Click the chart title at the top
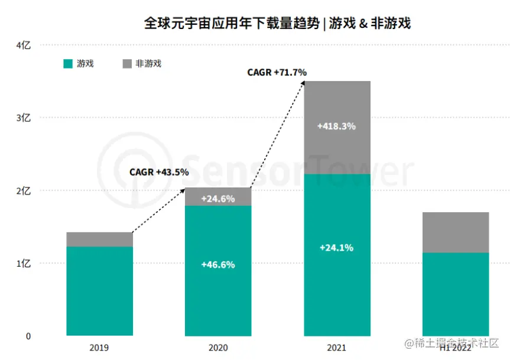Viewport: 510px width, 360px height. click(277, 24)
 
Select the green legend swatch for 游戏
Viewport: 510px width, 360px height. click(68, 63)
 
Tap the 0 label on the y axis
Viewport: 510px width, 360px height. click(27, 336)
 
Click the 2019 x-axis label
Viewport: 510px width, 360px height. click(100, 348)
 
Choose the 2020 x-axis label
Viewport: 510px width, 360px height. click(218, 348)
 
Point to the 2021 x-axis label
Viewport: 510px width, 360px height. click(337, 348)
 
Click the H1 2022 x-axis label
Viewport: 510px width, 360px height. click(455, 348)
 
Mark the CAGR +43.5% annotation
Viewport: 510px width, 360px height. click(159, 173)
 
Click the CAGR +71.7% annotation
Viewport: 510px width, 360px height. click(277, 73)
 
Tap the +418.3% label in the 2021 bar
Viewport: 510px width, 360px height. click(336, 127)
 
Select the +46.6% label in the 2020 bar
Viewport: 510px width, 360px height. click(218, 265)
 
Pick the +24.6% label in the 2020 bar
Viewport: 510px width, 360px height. click(218, 199)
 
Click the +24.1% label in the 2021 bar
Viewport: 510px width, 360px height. click(336, 248)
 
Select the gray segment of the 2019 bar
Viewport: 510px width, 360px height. click(100, 239)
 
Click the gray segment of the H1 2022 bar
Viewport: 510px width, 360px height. click(455, 232)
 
